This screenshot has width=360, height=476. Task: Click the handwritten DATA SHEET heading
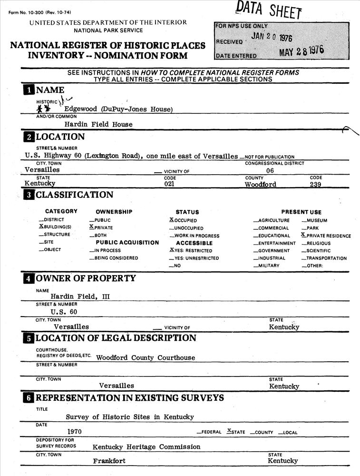(x=269, y=10)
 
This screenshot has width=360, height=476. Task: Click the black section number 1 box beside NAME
(x=29, y=90)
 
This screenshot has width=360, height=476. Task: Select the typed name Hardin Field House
(x=98, y=124)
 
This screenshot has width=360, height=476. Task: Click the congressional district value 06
(x=270, y=170)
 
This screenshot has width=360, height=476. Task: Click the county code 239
(x=315, y=185)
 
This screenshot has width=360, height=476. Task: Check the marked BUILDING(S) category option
(x=55, y=228)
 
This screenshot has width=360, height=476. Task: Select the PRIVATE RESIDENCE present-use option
(x=326, y=236)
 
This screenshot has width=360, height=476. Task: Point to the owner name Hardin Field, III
(x=80, y=296)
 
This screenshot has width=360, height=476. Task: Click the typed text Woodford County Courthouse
(x=146, y=357)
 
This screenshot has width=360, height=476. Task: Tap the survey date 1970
(x=77, y=432)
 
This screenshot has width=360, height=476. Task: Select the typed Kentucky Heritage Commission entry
(x=146, y=447)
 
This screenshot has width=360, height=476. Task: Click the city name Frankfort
(x=109, y=461)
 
